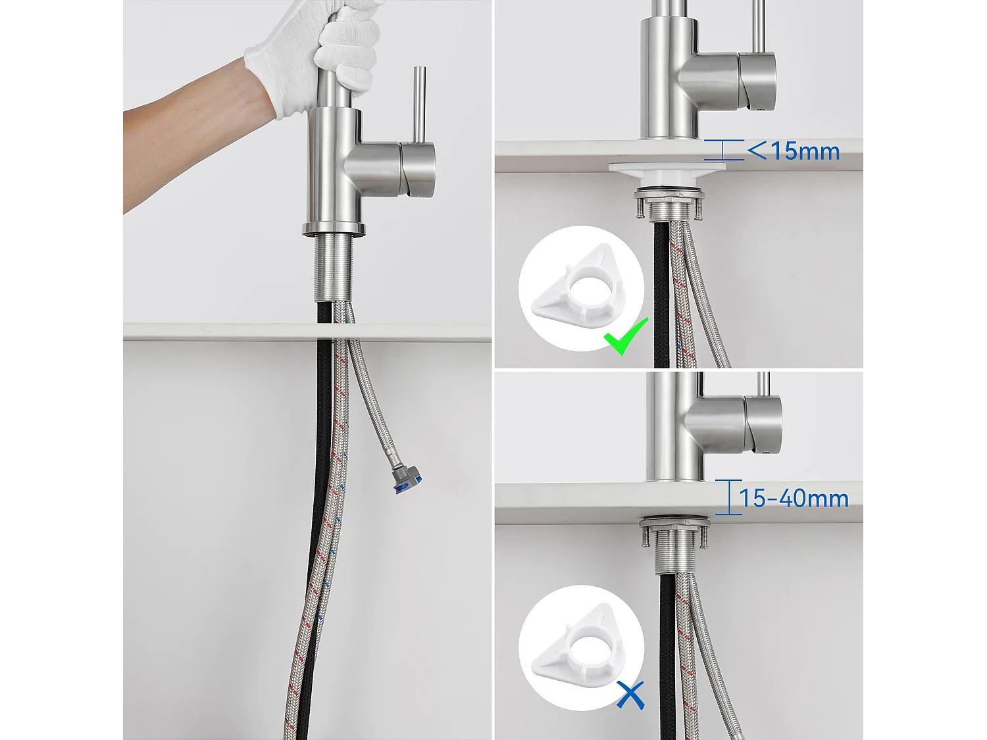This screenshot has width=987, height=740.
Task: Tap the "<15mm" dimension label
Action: pos(794,151)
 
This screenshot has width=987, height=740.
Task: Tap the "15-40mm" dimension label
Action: pos(794,499)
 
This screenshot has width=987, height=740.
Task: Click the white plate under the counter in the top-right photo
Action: pos(668,169)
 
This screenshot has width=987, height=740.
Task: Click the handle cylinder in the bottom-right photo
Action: pos(763,424)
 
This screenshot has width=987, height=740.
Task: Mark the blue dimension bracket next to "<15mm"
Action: pos(723,150)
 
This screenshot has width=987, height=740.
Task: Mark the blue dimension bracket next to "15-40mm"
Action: pos(728,497)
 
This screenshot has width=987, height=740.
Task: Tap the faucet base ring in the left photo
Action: pos(334,229)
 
